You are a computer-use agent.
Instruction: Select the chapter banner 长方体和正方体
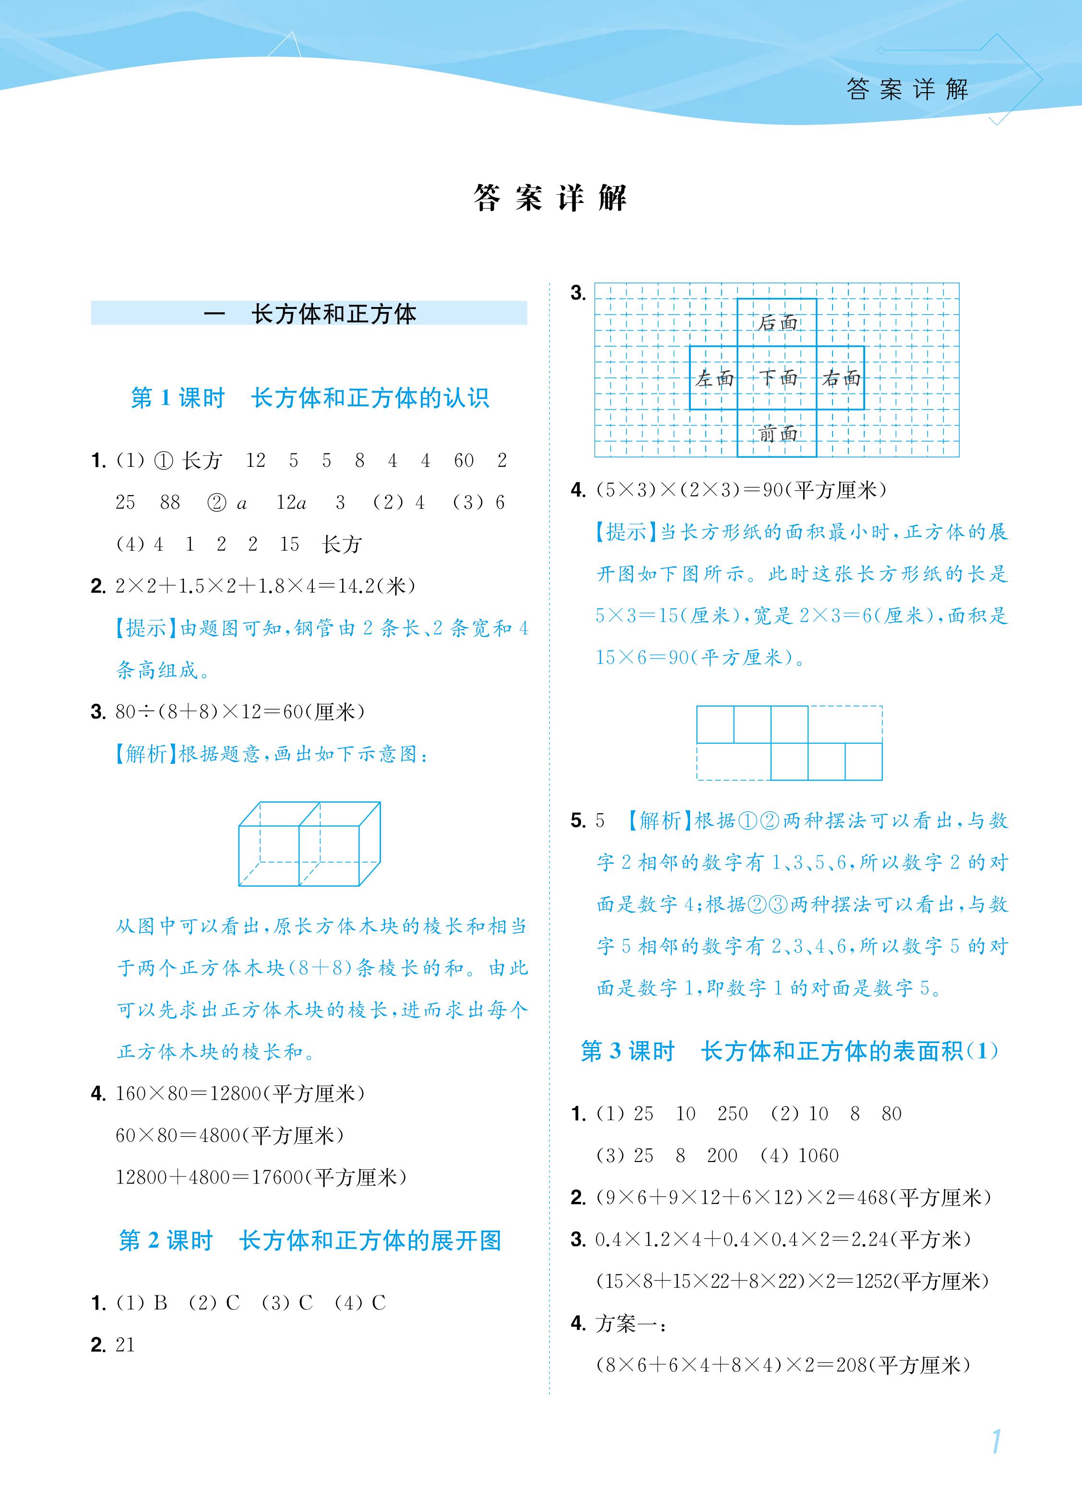[x=309, y=314]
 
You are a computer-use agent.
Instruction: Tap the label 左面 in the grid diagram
[x=714, y=379]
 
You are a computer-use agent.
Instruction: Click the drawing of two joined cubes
[x=309, y=844]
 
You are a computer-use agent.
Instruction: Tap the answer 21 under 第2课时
[x=125, y=1345]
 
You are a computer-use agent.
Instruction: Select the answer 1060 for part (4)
[x=818, y=1155]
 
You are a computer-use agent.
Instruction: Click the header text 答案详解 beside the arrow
[x=907, y=89]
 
